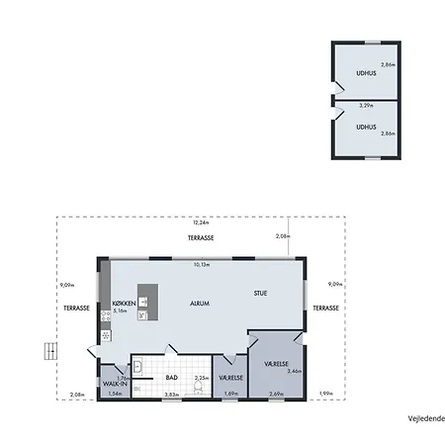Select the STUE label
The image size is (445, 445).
click(260, 293)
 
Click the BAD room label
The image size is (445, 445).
click(171, 377)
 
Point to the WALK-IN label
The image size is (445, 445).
click(115, 386)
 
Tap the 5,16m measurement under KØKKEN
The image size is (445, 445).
click(122, 311)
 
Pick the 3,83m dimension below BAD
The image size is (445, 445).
click(170, 395)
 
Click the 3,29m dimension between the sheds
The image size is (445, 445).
click(365, 105)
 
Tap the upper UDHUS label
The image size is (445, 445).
click(365, 73)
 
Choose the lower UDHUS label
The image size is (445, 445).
click(367, 127)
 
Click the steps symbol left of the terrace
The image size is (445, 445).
click(47, 350)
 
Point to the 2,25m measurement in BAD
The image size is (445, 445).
click(201, 377)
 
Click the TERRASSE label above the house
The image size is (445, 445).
click(202, 239)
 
